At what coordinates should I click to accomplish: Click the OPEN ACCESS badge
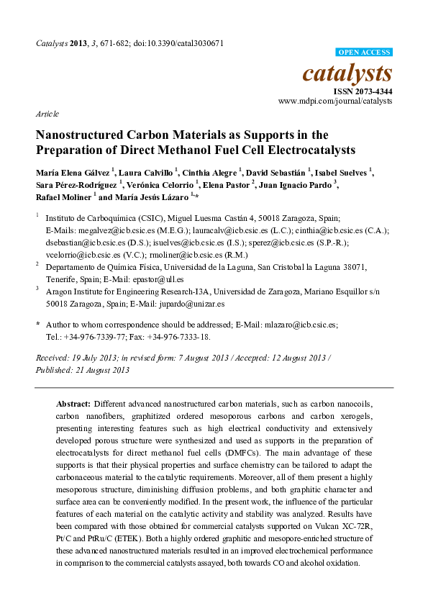click(x=365, y=53)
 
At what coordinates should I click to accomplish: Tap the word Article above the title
click(x=47, y=114)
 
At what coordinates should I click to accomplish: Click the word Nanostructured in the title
click(x=85, y=135)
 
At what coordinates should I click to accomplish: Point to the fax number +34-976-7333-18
click(x=179, y=336)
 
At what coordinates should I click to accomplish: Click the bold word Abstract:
click(x=74, y=404)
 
